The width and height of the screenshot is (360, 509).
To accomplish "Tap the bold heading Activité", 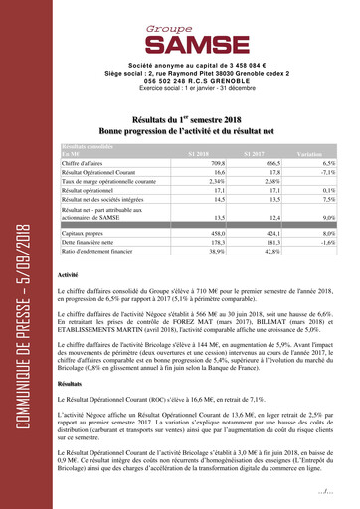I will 68,273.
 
